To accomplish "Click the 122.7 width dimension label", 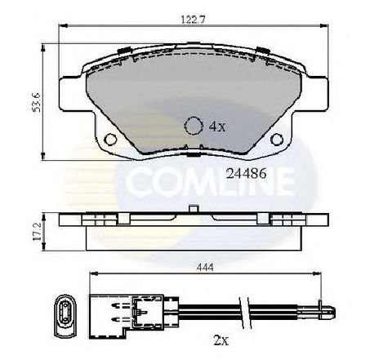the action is coord(193,20).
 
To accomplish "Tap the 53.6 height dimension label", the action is coord(36,103).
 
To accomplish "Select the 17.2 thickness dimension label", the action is coord(36,232).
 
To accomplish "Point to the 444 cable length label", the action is coord(205,267).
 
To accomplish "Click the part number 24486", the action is coord(246,174).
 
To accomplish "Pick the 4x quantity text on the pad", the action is coord(217,127).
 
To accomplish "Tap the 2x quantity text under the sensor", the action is coord(221,340).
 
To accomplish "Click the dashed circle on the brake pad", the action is coord(194,126).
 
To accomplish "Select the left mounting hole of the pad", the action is coord(111,140).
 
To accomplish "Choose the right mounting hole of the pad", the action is coord(277,140).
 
